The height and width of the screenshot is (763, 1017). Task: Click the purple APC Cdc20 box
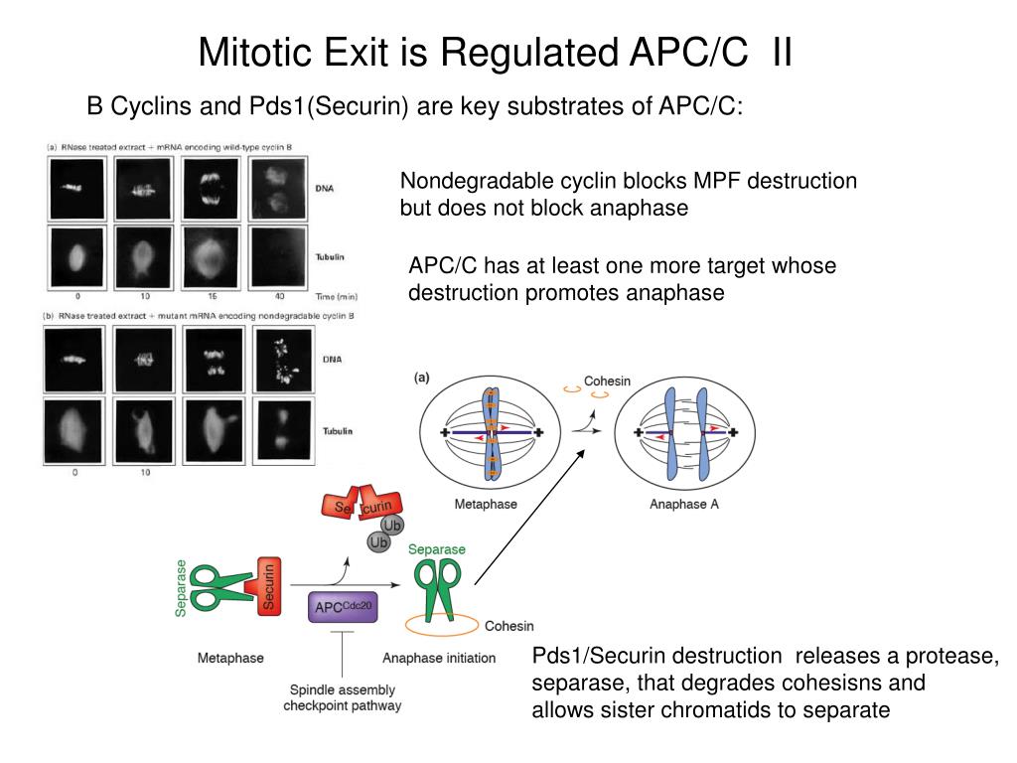tap(343, 605)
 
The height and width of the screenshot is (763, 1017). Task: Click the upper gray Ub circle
tap(393, 525)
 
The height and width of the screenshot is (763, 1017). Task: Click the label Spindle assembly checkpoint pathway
tap(342, 697)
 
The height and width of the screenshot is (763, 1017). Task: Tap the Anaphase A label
tap(684, 504)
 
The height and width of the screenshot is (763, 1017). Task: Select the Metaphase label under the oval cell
tap(486, 504)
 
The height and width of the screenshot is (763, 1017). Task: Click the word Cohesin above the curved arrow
tap(607, 381)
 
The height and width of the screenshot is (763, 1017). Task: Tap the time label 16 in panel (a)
tap(211, 296)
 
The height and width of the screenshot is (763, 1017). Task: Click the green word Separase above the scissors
tap(437, 549)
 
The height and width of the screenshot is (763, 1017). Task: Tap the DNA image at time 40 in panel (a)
tap(281, 189)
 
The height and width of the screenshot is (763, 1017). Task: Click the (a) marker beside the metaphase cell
tap(422, 377)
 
